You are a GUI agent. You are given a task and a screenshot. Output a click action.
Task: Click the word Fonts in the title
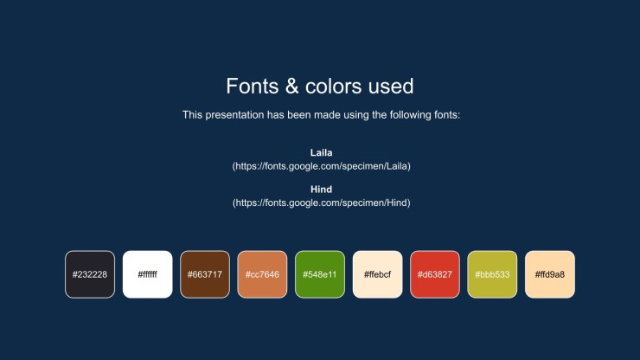(x=253, y=87)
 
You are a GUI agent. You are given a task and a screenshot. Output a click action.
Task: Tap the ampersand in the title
(x=291, y=87)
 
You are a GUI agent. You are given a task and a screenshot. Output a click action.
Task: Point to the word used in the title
(x=391, y=87)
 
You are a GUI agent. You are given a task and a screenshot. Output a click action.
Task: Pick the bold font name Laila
(x=321, y=153)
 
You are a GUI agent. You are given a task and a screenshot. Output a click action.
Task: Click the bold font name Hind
(x=321, y=190)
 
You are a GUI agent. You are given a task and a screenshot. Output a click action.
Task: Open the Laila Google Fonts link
(x=321, y=166)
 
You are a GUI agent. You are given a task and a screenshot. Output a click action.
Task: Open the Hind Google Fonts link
(x=321, y=203)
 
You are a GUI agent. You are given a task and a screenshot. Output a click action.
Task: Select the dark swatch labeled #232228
(x=90, y=274)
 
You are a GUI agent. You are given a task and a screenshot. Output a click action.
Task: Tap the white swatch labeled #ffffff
(x=147, y=274)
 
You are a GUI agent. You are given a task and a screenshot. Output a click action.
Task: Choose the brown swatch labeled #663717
(x=205, y=274)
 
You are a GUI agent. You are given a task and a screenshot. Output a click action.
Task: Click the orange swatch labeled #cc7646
(x=262, y=274)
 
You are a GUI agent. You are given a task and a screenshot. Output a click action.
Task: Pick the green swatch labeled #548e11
(x=320, y=274)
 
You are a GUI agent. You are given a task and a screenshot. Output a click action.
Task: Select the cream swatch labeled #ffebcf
(x=378, y=274)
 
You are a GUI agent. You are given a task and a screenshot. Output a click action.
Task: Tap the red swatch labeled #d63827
(x=435, y=274)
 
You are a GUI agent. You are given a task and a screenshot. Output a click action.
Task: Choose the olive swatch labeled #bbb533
(x=492, y=274)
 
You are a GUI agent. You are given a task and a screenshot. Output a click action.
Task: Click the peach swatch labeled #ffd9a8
(x=550, y=274)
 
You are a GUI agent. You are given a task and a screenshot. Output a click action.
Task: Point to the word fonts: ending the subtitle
(x=447, y=115)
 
